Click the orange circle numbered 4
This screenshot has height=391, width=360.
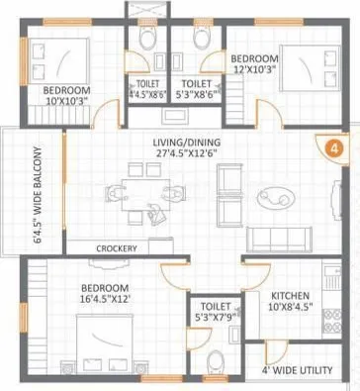pyautogui.click(x=333, y=150)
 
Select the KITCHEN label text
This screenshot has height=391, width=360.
pyautogui.click(x=293, y=295)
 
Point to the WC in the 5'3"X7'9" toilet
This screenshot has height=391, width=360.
pyautogui.click(x=215, y=357)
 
